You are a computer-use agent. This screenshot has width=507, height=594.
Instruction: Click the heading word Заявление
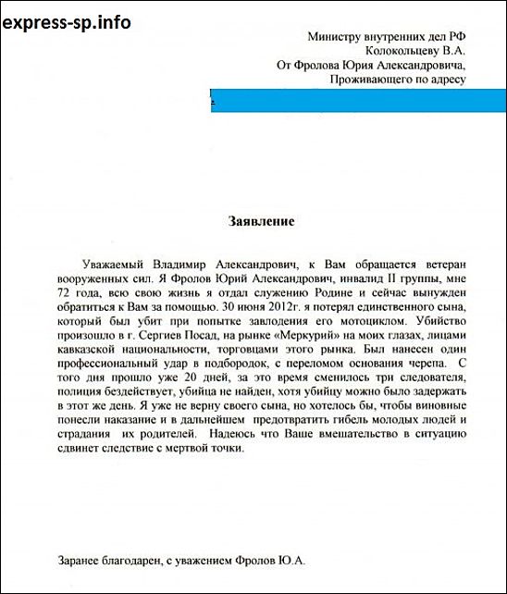coord(260,221)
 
